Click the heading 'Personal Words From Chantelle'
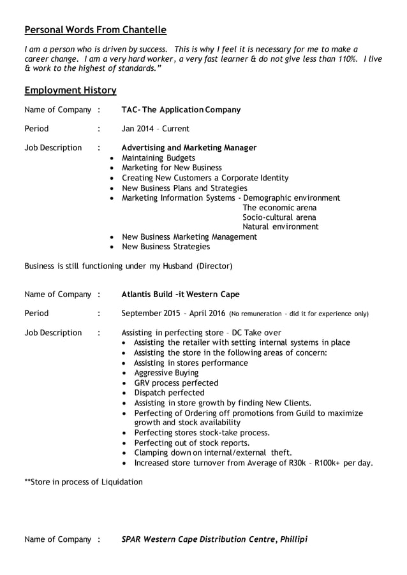tap(95, 30)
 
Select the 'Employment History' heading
tap(70, 91)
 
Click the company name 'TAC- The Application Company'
tap(181, 110)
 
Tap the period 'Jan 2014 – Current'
tap(155, 129)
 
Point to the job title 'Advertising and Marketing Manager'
tap(189, 148)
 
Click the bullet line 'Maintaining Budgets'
tap(158, 158)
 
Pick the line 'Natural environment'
tap(280, 227)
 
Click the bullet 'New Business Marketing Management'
tap(189, 237)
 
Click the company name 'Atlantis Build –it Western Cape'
tap(181, 295)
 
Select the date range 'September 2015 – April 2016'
tap(172, 314)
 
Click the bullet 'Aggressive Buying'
tap(166, 373)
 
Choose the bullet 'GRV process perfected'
tap(176, 383)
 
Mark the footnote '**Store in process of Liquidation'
tap(84, 482)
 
